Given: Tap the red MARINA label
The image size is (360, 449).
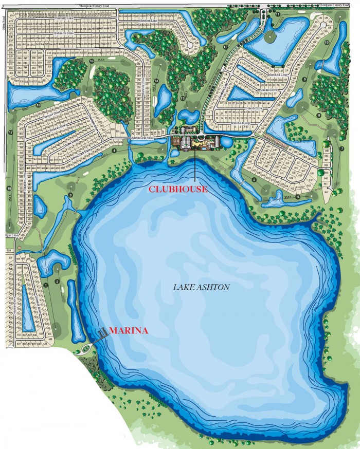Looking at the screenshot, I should tap(129, 331).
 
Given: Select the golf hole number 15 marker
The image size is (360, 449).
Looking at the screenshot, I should tap(92, 61).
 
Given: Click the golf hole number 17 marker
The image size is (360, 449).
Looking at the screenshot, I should tap(10, 132).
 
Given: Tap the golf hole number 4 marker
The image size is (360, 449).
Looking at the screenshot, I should tap(113, 151).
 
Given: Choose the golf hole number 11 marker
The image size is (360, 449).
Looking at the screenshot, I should tap(278, 14).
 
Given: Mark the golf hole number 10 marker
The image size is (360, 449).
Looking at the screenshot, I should tap(326, 43).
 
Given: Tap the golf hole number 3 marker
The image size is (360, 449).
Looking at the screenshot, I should tap(70, 195).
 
